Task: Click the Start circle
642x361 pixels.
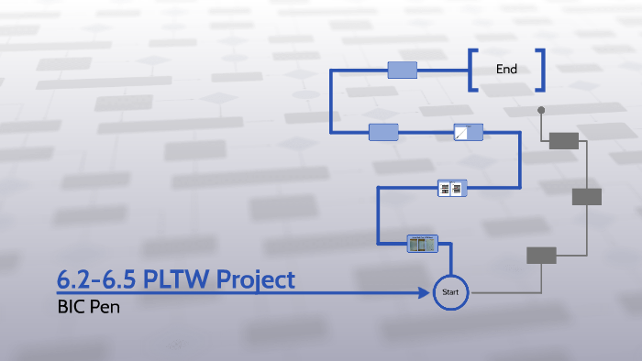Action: [x=450, y=292]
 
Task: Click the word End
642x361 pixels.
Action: [x=506, y=69]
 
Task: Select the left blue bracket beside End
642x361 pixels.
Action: [x=472, y=70]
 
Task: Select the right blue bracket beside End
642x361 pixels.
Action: [x=541, y=70]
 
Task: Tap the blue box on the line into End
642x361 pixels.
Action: [x=403, y=70]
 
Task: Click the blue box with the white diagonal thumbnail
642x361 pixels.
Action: [x=467, y=132]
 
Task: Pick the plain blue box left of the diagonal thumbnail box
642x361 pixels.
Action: [x=383, y=132]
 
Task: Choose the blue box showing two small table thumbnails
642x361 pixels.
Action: [x=452, y=188]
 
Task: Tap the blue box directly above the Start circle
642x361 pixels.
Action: [x=423, y=243]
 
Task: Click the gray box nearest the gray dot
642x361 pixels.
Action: [x=564, y=140]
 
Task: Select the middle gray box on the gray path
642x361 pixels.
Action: [x=586, y=196]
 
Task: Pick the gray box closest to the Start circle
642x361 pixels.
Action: [x=541, y=256]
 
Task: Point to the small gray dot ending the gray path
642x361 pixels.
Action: [x=541, y=110]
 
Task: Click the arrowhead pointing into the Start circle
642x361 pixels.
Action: [x=427, y=293]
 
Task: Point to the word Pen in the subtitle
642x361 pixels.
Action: [x=105, y=307]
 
